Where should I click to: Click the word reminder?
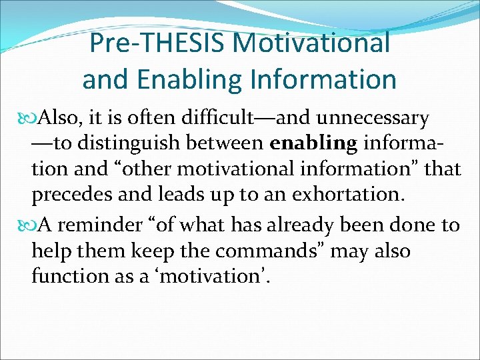109,225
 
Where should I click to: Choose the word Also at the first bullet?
57,119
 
